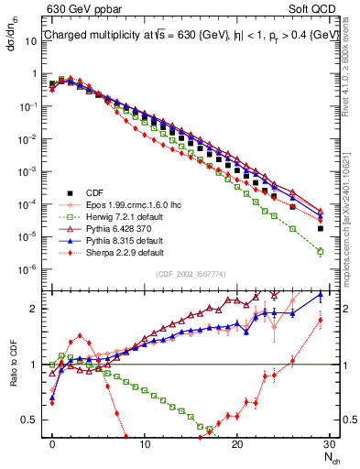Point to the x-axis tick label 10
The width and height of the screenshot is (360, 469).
pos(145,443)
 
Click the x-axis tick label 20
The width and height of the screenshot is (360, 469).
pos(237,443)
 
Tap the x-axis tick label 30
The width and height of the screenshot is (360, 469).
pos(329,443)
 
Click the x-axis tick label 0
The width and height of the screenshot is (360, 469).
pos(52,443)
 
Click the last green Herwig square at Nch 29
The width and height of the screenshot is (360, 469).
pos(320,251)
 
